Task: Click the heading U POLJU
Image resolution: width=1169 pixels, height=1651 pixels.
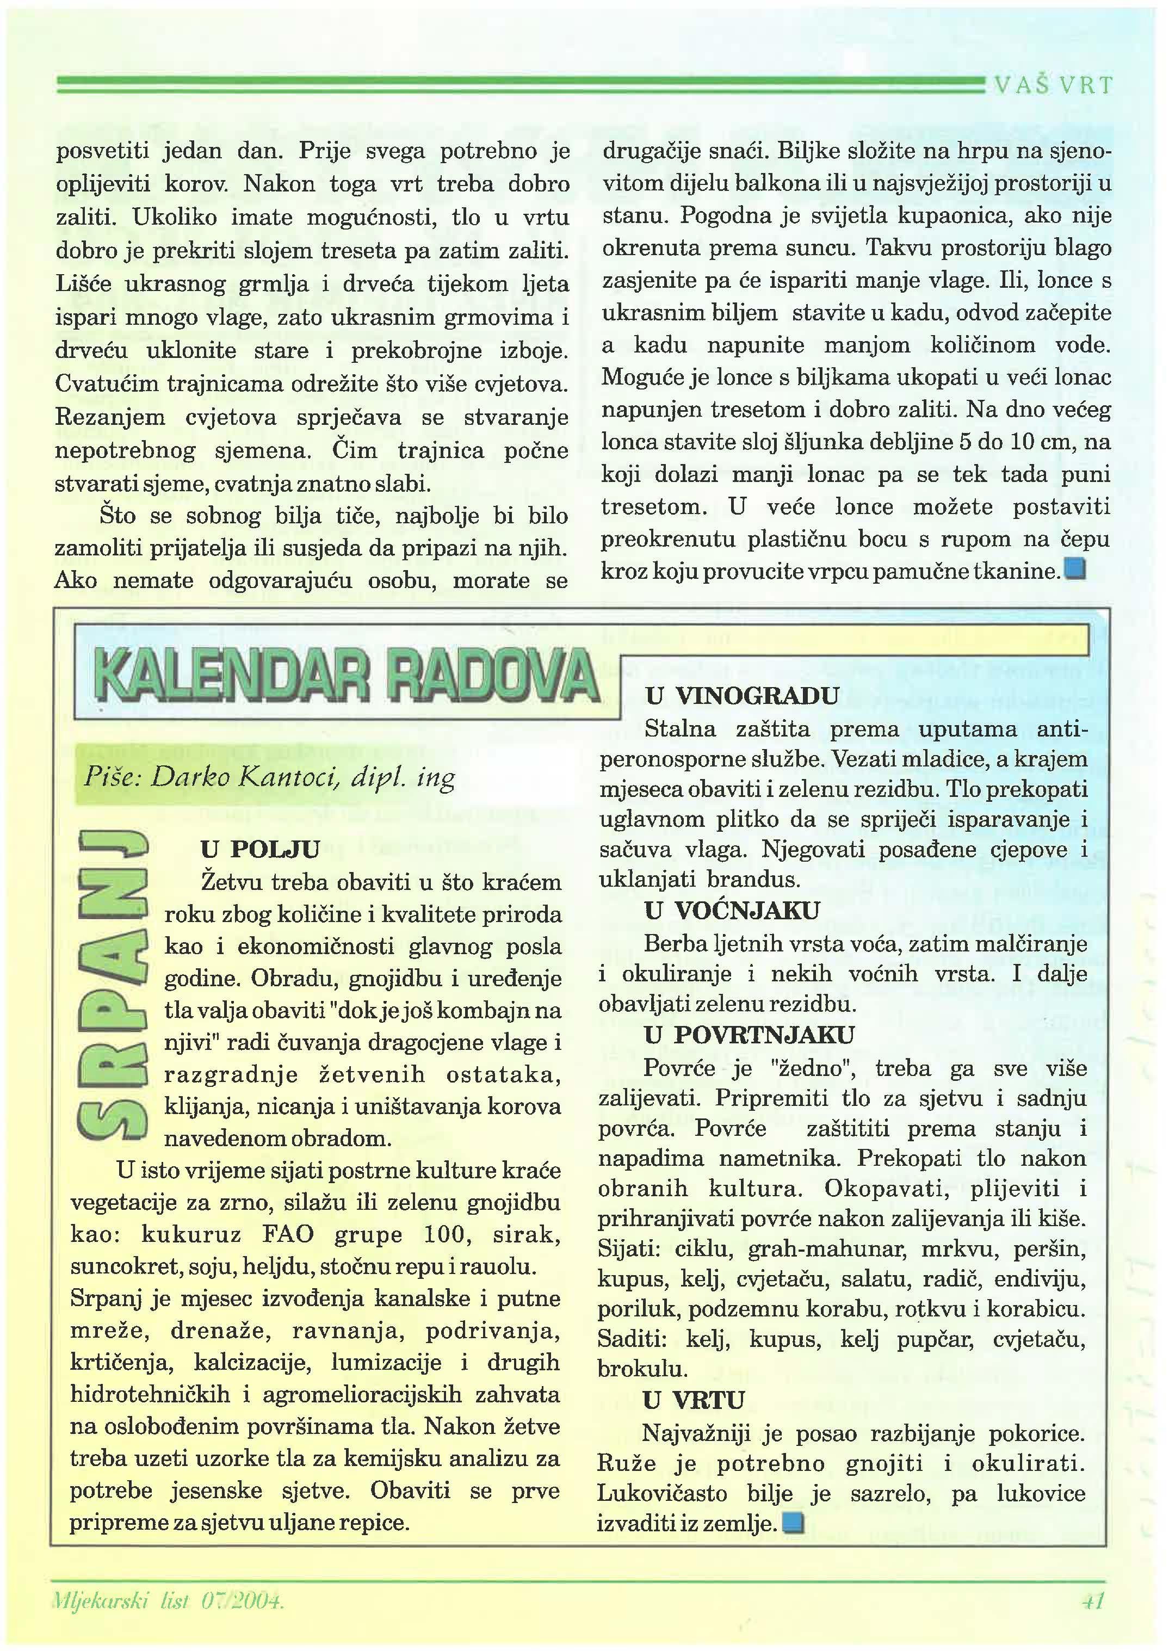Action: pos(260,849)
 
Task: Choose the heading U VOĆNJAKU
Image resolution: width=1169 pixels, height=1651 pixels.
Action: pos(732,911)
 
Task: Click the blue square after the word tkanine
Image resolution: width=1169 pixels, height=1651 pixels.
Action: pos(1076,570)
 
